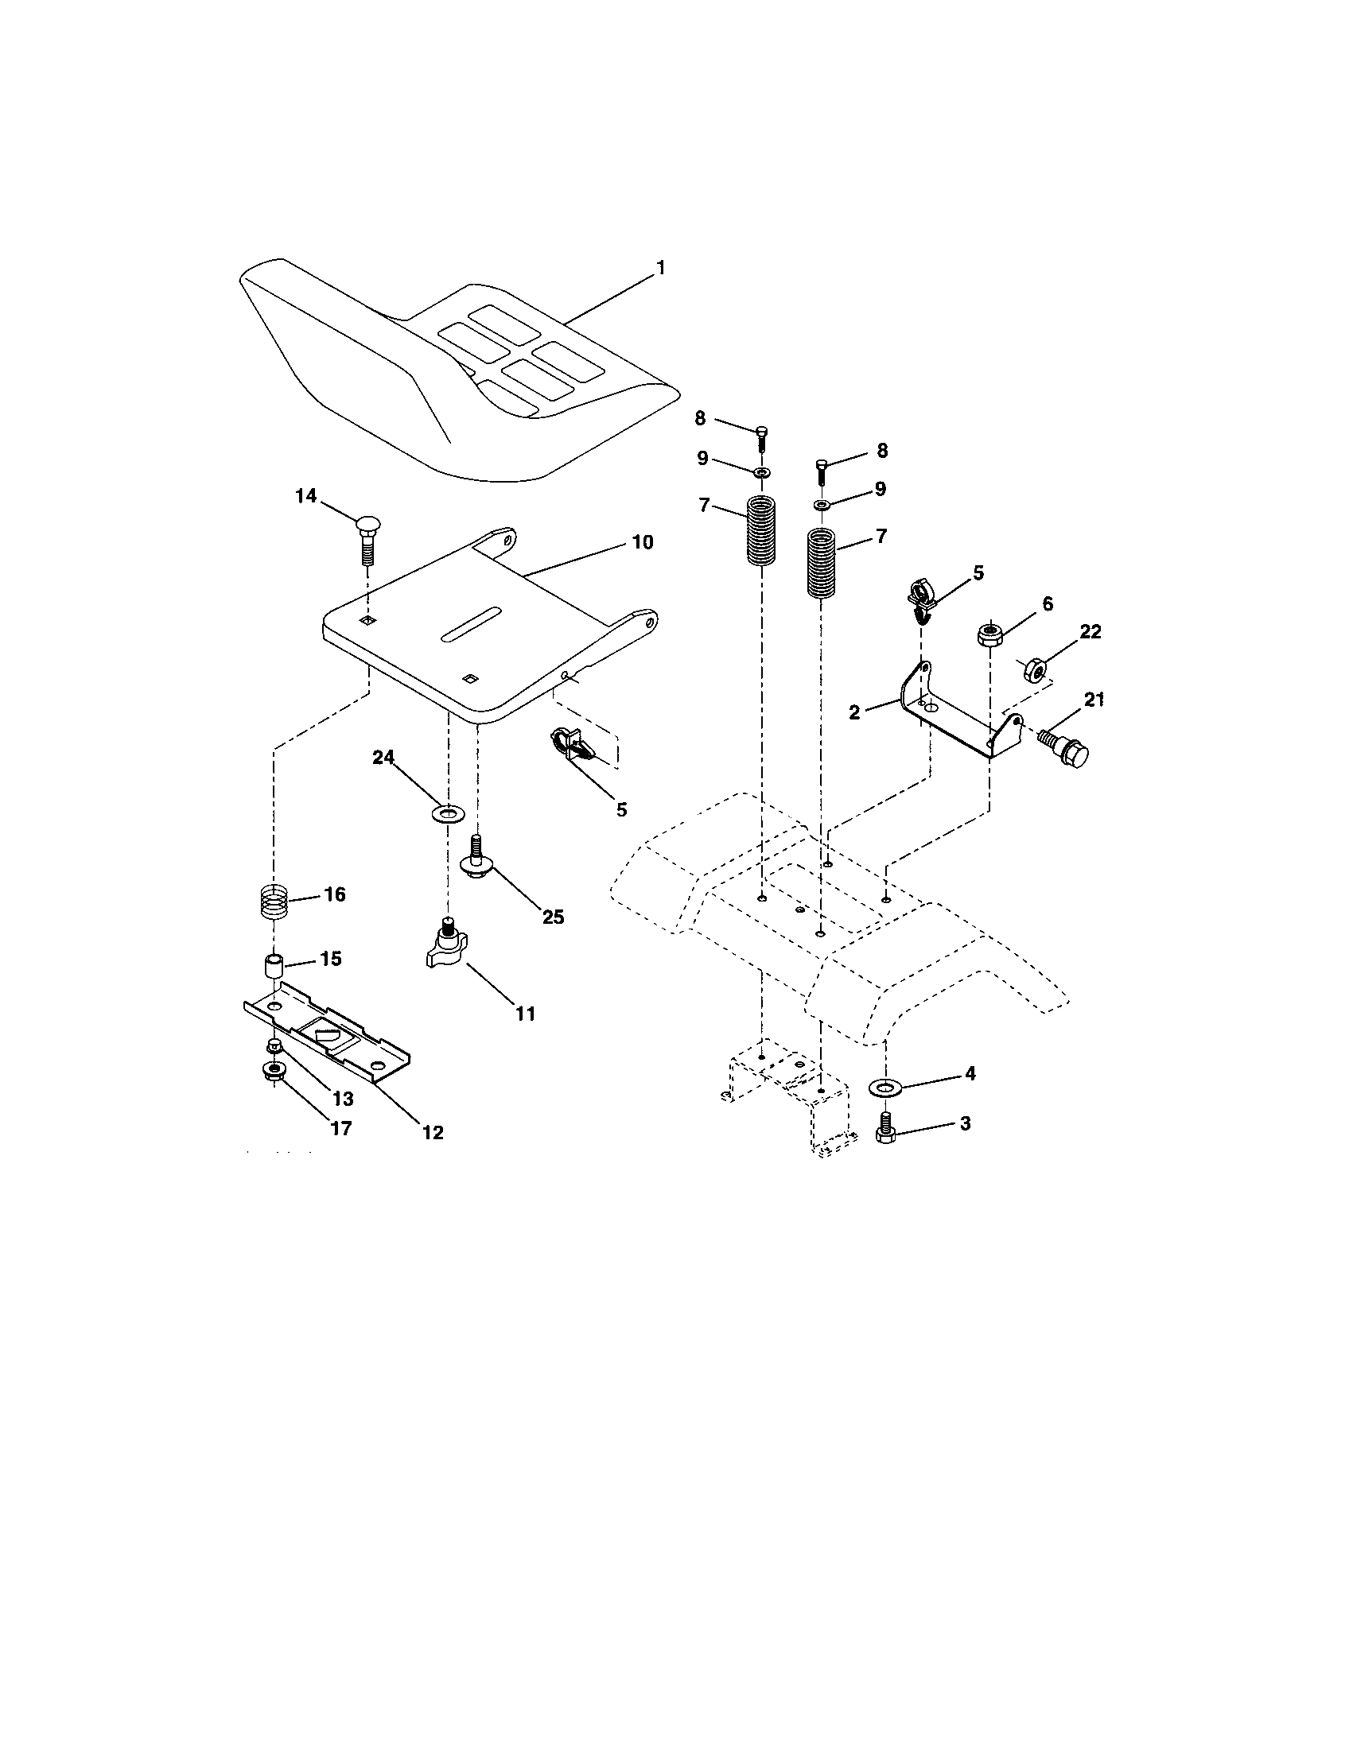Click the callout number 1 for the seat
coord(661,268)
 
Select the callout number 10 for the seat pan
coord(642,542)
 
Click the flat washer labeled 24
coord(447,814)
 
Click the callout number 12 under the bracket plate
coord(433,1132)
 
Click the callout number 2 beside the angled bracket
coord(855,712)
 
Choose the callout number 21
coord(1094,700)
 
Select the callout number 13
coord(343,1099)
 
